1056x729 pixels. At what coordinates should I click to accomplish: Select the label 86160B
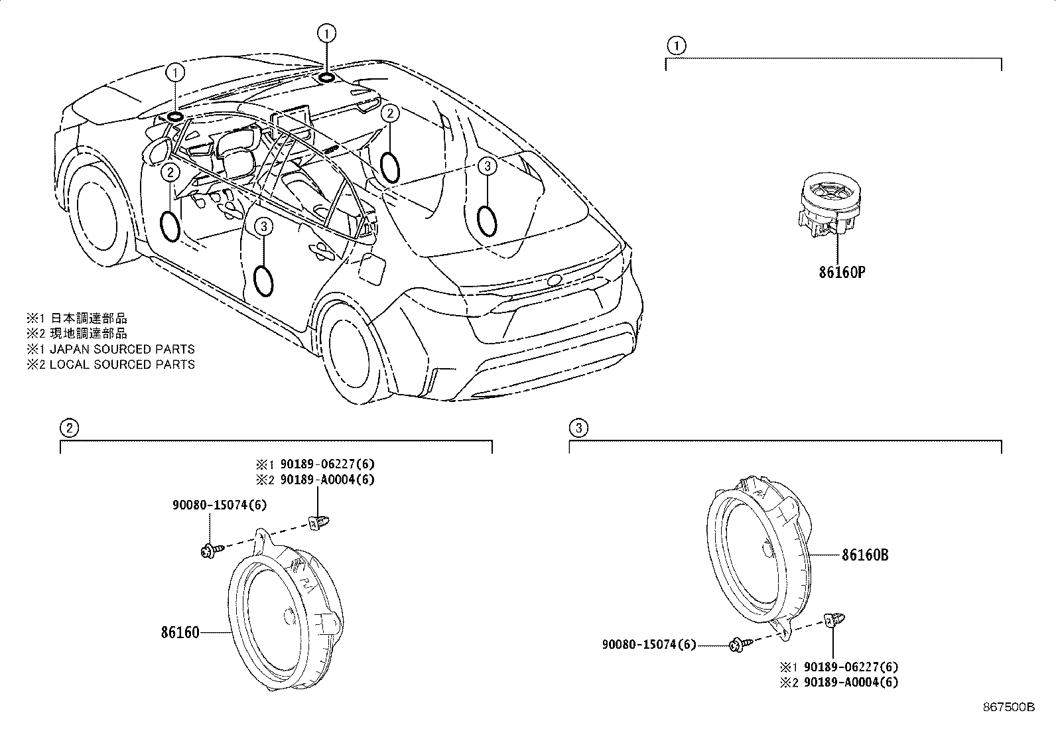click(x=864, y=555)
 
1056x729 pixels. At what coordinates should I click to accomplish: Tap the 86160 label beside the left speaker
click(x=180, y=632)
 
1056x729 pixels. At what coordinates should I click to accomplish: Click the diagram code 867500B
click(x=1008, y=707)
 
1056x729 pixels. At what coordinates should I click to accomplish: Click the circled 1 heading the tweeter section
click(x=675, y=45)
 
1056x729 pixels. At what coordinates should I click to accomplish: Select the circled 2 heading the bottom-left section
click(x=69, y=428)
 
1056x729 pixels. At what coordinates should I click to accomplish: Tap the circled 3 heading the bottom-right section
click(x=578, y=428)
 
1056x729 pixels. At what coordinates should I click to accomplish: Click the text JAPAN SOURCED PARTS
click(x=123, y=349)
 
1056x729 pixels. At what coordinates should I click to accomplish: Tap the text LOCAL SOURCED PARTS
click(x=123, y=364)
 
